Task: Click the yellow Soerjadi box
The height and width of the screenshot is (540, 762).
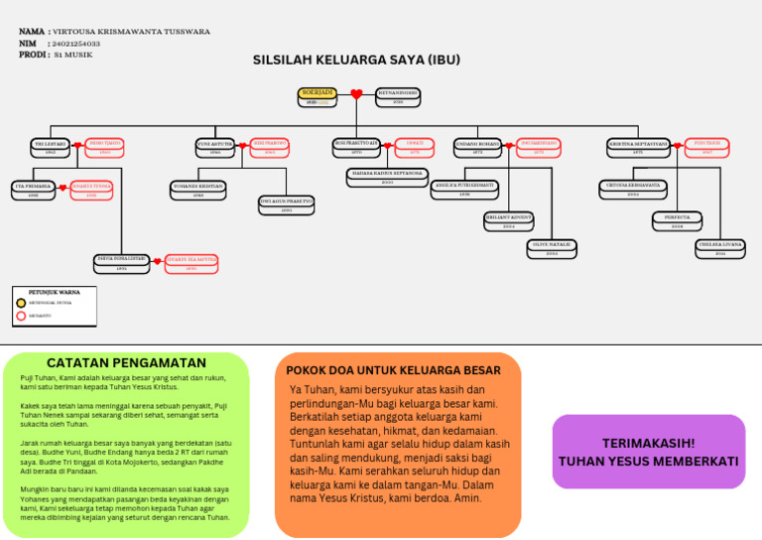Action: (x=317, y=95)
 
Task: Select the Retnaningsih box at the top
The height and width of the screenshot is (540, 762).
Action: (x=398, y=95)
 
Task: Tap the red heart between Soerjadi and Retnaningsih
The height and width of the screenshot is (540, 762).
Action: (x=357, y=95)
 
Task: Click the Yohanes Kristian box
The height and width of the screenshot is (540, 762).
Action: (x=198, y=188)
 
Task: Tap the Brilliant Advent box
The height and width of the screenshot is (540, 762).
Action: (x=509, y=219)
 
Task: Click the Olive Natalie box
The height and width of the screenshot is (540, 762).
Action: (x=552, y=247)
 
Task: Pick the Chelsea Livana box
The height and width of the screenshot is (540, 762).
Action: (x=720, y=247)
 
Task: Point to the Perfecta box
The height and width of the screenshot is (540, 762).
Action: (x=677, y=219)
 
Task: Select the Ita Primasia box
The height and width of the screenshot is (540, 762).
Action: (x=34, y=189)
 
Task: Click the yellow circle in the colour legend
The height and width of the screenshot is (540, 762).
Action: (x=22, y=303)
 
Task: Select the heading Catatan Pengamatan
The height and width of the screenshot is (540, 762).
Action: (x=126, y=363)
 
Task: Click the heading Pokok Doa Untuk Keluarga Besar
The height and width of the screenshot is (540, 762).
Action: (x=394, y=370)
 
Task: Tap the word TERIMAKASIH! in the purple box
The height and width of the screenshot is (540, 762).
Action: (x=648, y=443)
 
